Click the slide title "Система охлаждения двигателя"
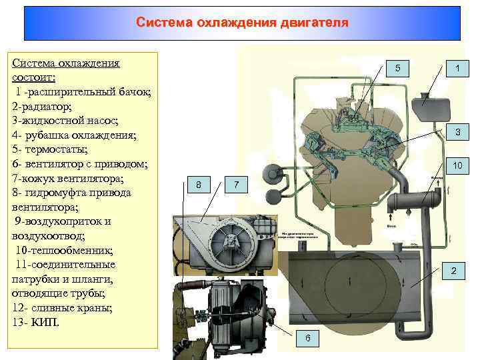pos(241,23)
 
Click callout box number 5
pos(398,69)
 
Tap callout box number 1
pos(457,69)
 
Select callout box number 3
pos(457,133)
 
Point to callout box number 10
pos(457,165)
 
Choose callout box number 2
pos(453,271)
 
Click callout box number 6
pos(307,338)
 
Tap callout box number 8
pos(199,184)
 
